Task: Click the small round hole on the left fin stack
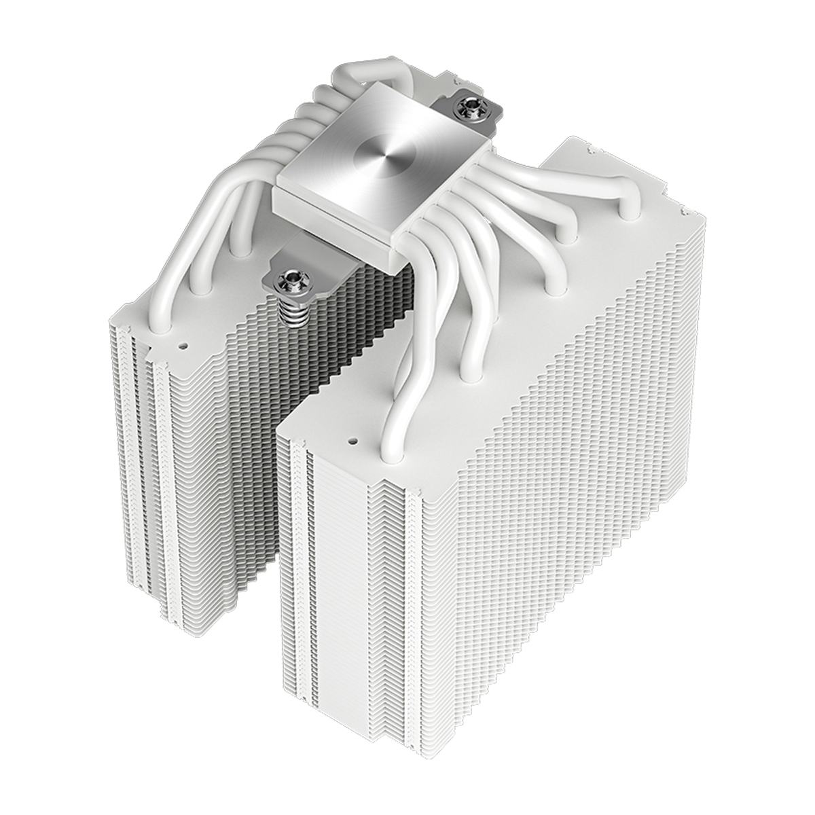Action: point(182,344)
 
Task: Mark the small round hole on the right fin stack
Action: point(352,439)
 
